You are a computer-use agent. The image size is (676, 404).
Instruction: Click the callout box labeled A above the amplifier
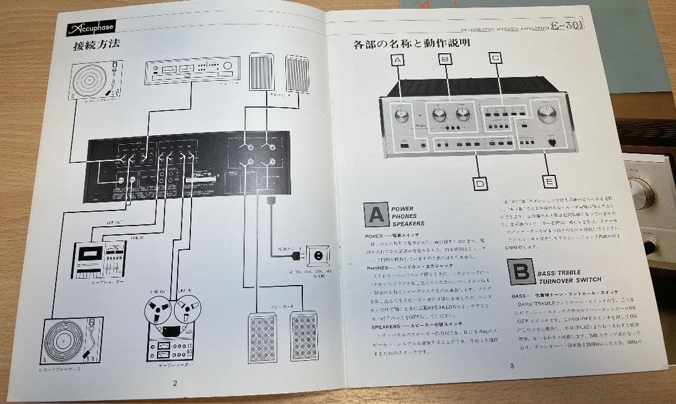pos(398,60)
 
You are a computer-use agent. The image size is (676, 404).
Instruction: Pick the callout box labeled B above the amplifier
pos(445,60)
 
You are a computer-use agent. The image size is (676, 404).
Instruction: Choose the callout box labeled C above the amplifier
pos(495,59)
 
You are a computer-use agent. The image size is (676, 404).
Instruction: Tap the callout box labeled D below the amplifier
pos(480,184)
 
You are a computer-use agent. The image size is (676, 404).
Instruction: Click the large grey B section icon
pos(521,272)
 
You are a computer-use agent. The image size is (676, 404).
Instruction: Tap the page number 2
pos(175,383)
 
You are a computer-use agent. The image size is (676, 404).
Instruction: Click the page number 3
pos(511,366)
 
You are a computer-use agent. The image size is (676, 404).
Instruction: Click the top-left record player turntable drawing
pos(95,79)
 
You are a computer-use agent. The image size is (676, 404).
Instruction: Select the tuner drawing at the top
pos(187,70)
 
